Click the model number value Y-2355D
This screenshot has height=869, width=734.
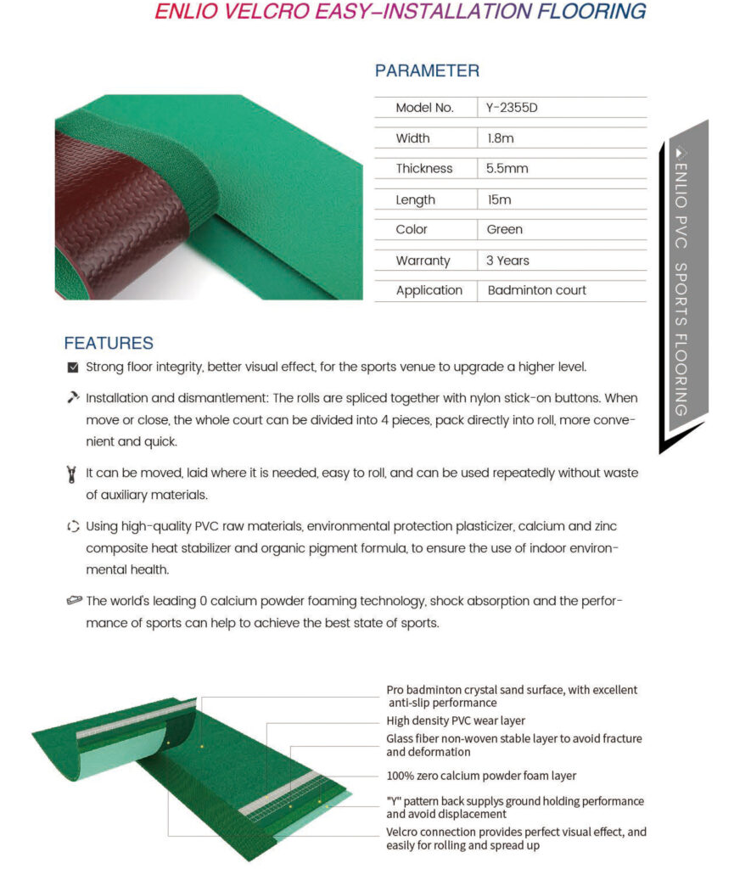coord(512,108)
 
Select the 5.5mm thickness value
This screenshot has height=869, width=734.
coord(507,168)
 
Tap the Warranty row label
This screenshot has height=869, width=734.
coord(423,261)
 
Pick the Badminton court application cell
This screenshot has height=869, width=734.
coord(536,290)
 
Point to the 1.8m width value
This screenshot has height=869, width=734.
coord(500,138)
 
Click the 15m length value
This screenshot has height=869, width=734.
coord(498,199)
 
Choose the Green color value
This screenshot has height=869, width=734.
coord(504,229)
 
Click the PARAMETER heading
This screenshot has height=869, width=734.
coord(427,70)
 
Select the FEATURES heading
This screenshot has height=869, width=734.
coord(109,344)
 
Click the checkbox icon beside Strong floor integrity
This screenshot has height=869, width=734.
coord(73,367)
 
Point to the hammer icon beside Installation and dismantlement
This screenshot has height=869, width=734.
coord(73,397)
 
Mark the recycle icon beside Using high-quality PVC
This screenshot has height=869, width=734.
coord(73,527)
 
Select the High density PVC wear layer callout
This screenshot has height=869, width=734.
coord(456,721)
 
